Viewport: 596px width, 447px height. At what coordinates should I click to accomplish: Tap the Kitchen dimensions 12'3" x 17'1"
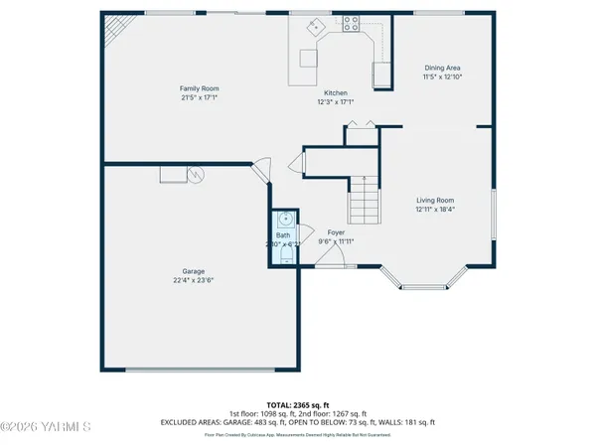(335, 101)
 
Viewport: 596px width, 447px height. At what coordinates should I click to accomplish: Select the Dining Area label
(443, 68)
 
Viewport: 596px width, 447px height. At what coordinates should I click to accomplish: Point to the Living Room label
(435, 200)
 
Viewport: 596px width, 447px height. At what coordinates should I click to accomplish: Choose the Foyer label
(336, 231)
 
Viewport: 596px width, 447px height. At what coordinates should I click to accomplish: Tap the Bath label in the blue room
(283, 235)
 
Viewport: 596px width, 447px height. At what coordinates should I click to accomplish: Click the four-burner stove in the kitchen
(350, 25)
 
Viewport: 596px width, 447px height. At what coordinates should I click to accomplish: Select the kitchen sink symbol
(317, 27)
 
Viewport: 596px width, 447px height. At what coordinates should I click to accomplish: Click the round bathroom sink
(285, 219)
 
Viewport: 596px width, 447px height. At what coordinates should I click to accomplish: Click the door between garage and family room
(261, 170)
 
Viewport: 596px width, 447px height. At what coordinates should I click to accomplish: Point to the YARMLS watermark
(46, 427)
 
